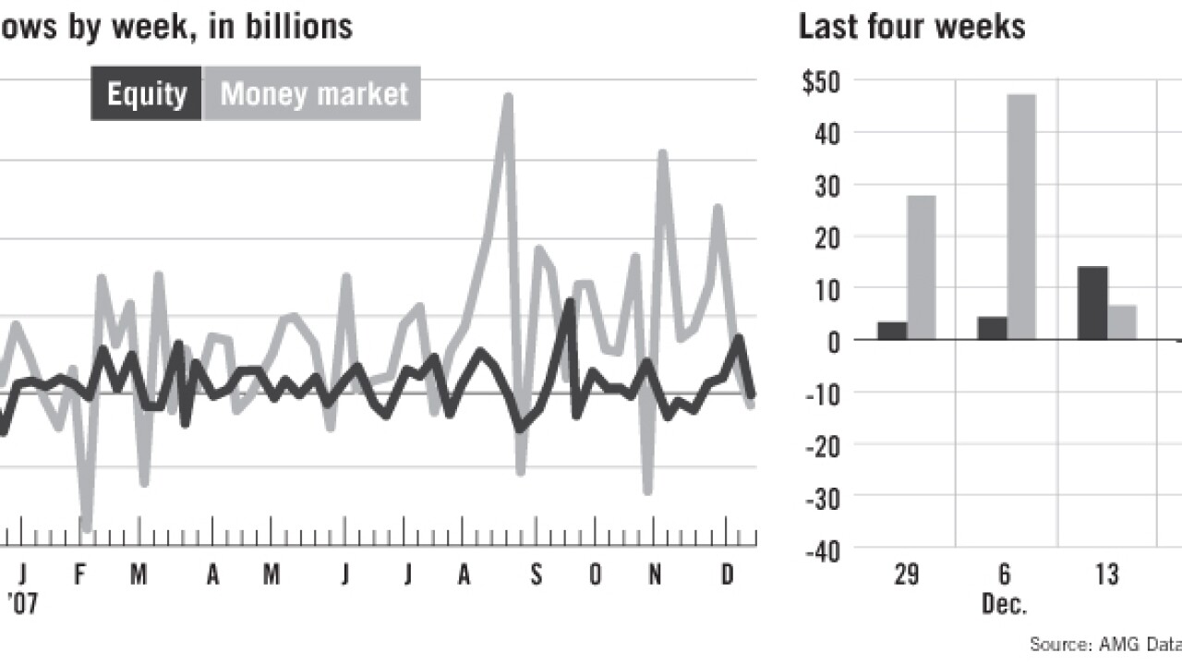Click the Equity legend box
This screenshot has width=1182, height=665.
coord(146,93)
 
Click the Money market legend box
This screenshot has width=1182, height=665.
coord(312,93)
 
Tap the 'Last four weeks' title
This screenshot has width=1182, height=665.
coord(911,26)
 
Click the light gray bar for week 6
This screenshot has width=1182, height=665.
coord(1021,217)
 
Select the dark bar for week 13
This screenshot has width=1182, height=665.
coord(1092,303)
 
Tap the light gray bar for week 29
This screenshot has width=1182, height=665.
coord(921,267)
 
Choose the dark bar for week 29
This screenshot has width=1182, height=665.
coord(892,330)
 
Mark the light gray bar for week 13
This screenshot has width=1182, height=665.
coord(1122,321)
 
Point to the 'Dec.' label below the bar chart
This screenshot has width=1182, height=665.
coord(1005,605)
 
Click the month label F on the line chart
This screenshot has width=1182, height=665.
coord(79,574)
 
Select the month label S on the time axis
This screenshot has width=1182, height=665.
coord(536,574)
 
